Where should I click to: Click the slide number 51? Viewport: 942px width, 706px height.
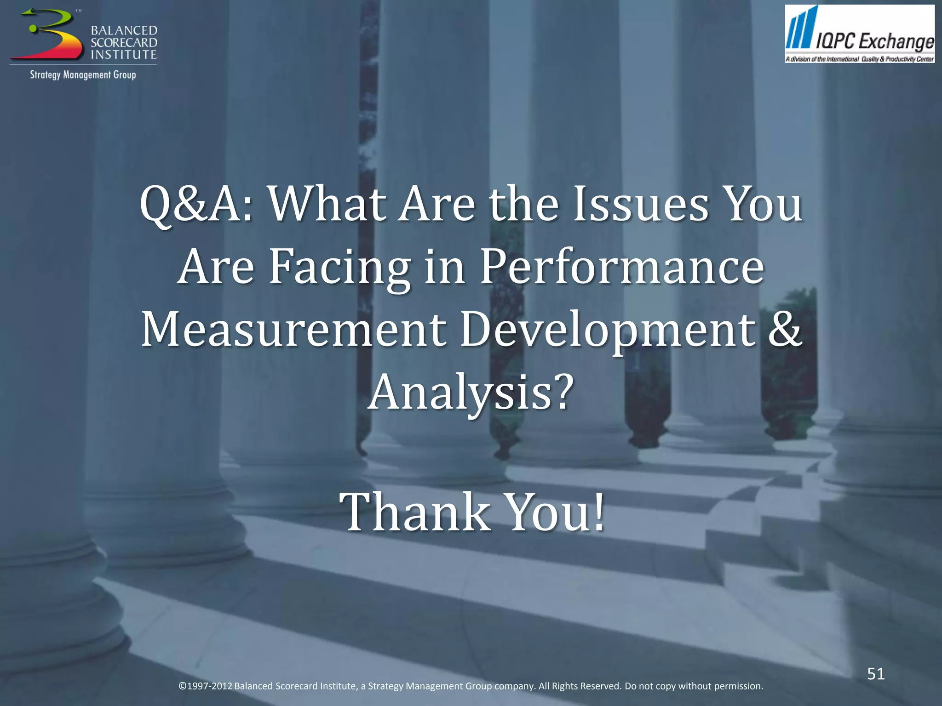point(876,674)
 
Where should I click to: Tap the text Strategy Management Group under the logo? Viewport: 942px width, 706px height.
point(83,75)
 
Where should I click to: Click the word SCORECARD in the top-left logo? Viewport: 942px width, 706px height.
point(124,43)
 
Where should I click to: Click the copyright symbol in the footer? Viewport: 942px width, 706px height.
point(182,686)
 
